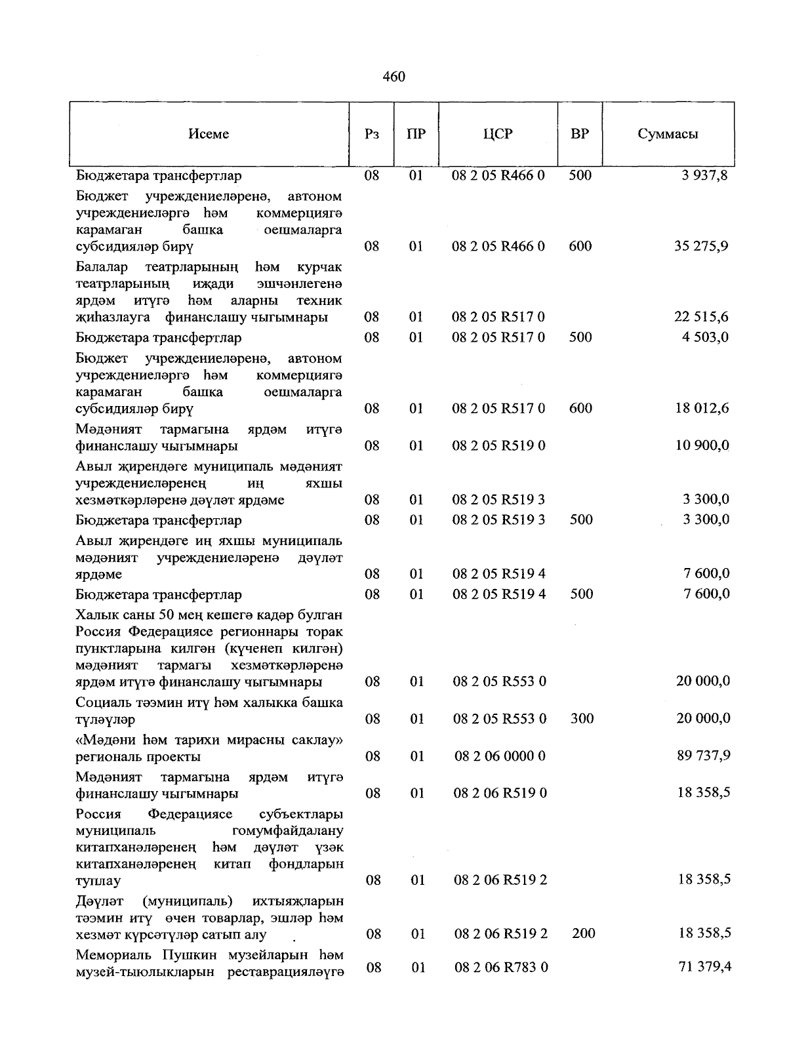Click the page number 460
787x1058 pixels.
393,77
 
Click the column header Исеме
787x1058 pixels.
209,134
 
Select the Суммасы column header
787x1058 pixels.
668,134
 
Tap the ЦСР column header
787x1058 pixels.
498,134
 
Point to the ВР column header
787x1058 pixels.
580,134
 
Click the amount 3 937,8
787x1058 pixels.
704,176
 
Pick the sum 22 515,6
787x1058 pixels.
701,317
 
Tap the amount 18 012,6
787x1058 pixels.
701,409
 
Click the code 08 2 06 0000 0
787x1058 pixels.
500,756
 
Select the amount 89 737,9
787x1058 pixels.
703,756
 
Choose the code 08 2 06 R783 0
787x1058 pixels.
500,967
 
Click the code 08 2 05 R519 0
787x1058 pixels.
498,446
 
